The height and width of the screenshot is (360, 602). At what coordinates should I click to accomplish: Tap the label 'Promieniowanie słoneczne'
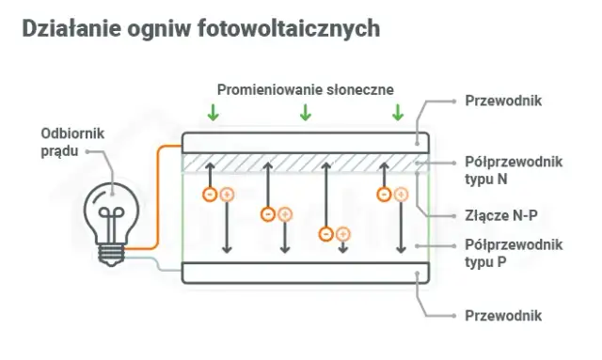pos(305,89)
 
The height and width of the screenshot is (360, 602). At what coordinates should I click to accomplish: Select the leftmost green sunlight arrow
pos(214,113)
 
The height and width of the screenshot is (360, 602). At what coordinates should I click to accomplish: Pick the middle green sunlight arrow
pos(305,113)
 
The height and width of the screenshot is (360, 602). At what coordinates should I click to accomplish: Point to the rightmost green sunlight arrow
pos(397,113)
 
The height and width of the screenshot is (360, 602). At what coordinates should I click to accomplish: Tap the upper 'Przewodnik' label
pos(503,100)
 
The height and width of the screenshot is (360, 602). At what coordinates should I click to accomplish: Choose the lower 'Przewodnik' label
pos(503,315)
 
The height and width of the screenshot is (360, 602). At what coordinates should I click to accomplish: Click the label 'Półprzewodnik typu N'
pos(514,169)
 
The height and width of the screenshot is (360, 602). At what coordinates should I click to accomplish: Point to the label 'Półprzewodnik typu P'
pos(514,253)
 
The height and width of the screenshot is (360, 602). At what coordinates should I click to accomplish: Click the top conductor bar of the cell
pos(306,142)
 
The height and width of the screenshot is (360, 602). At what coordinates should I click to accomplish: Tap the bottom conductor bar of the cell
pos(306,273)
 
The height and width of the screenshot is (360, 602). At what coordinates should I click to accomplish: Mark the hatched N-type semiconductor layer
pos(306,163)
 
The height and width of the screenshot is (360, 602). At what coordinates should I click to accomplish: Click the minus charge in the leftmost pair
pos(210,195)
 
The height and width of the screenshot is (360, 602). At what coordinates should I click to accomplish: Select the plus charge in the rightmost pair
pos(401,195)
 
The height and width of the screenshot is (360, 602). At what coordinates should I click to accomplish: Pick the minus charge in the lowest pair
pos(325,233)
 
